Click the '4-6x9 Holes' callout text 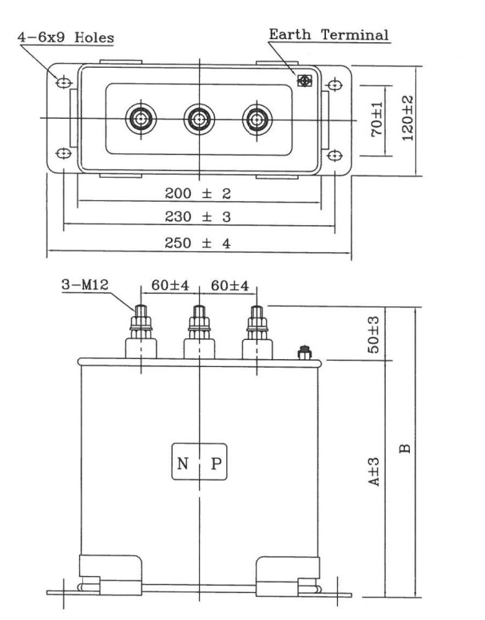click(70, 38)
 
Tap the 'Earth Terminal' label click(328, 34)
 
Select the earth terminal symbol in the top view click(304, 81)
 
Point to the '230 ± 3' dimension click(197, 217)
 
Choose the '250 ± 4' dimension click(197, 243)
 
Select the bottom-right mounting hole click(334, 154)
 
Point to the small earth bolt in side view click(304, 352)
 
